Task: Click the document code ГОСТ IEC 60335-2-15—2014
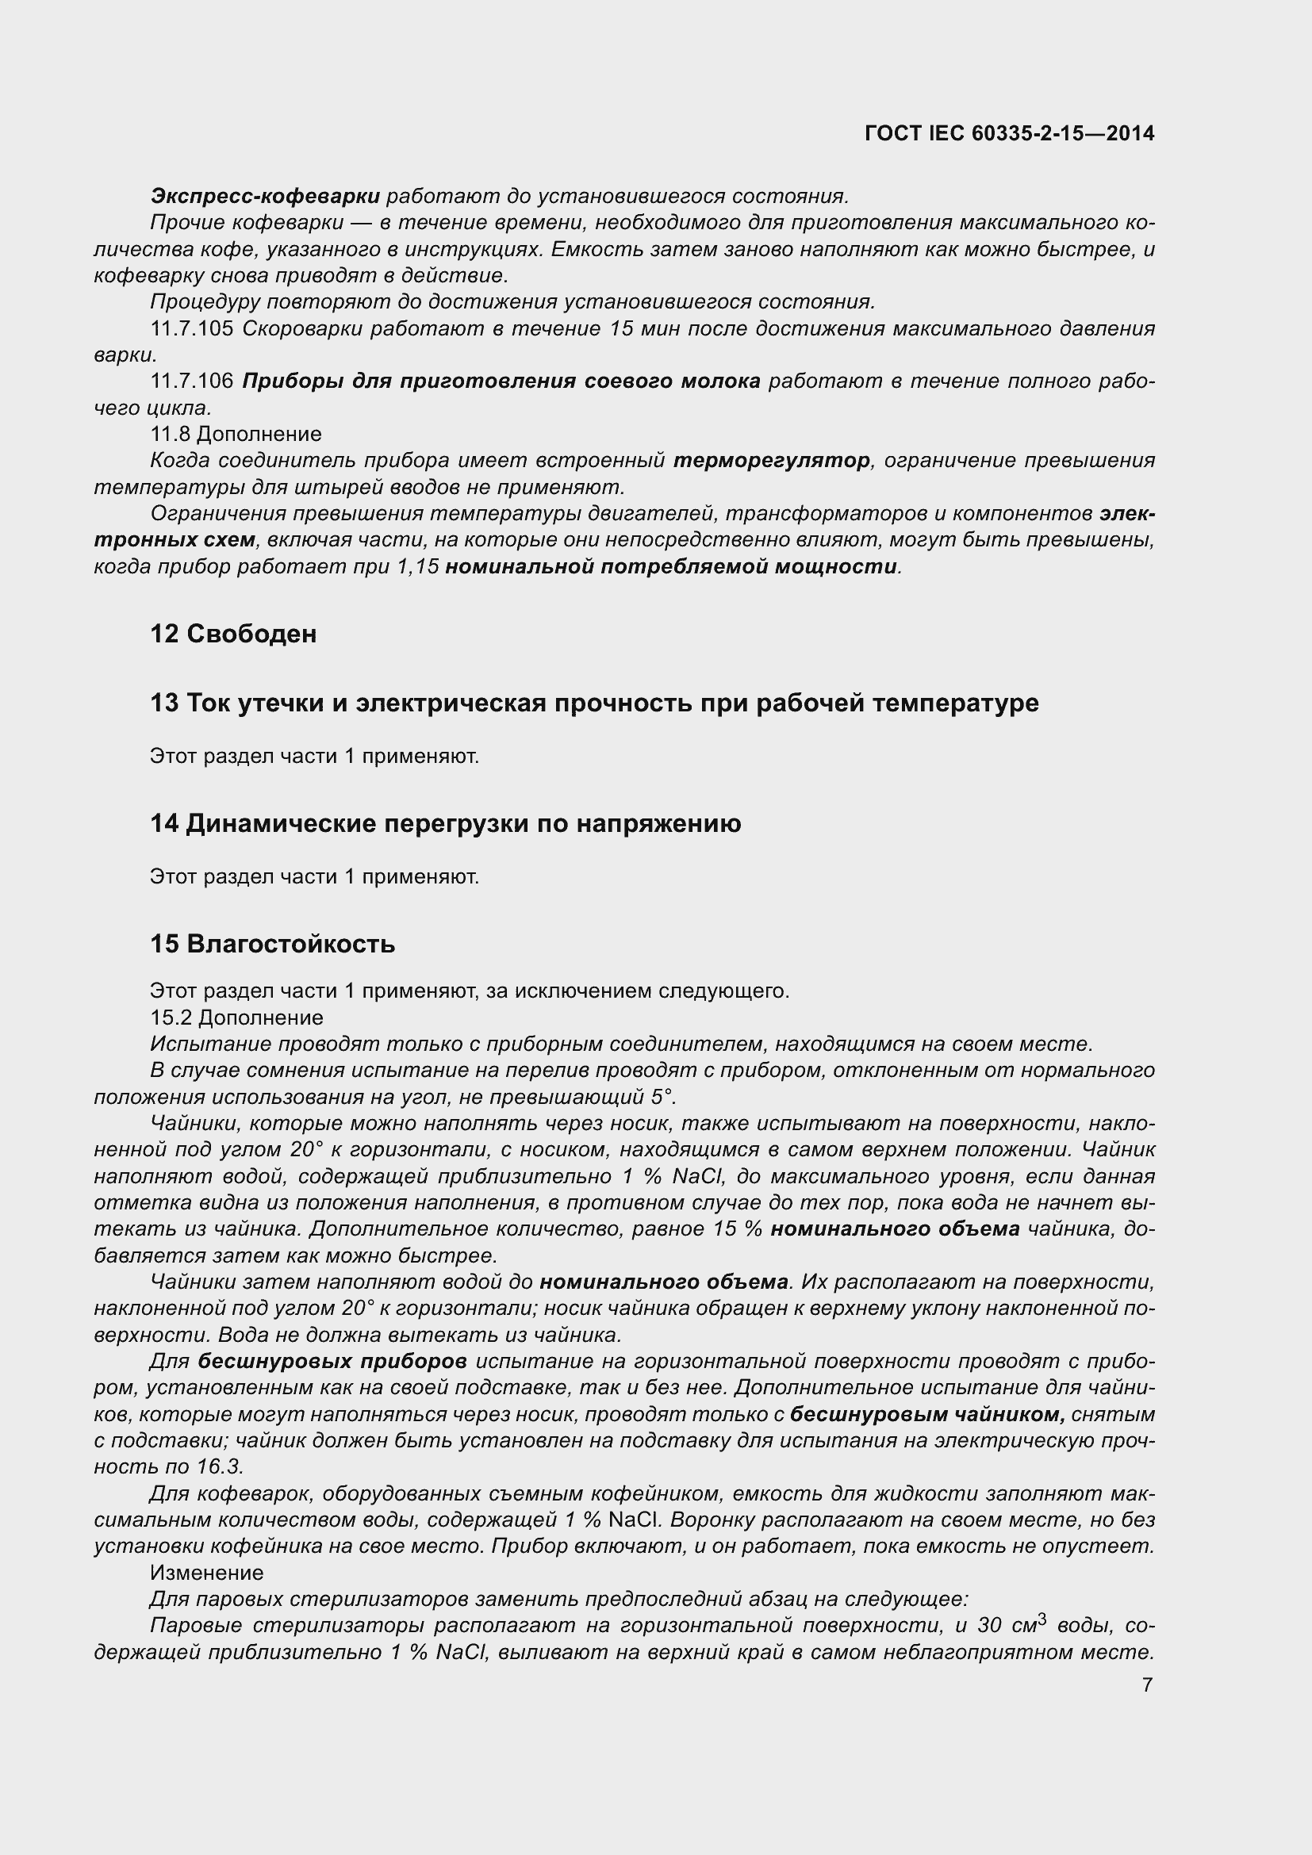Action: tap(1008, 134)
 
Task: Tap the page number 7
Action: tap(1147, 1685)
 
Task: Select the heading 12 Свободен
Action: tap(232, 634)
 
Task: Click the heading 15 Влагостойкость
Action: tap(272, 944)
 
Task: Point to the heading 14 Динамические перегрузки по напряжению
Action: tap(445, 823)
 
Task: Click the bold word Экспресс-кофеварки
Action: tap(265, 197)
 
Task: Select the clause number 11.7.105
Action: tap(192, 329)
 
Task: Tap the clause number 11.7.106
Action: tap(192, 381)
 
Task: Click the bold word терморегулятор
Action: tap(772, 461)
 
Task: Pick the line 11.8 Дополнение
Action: tap(236, 435)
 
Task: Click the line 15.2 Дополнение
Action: tap(236, 1018)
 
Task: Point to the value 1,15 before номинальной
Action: tap(418, 567)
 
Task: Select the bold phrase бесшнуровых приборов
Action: tap(332, 1362)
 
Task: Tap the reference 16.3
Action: tap(220, 1467)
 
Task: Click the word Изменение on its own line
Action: tap(207, 1573)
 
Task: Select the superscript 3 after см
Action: tap(1042, 1619)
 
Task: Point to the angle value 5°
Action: tap(662, 1097)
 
